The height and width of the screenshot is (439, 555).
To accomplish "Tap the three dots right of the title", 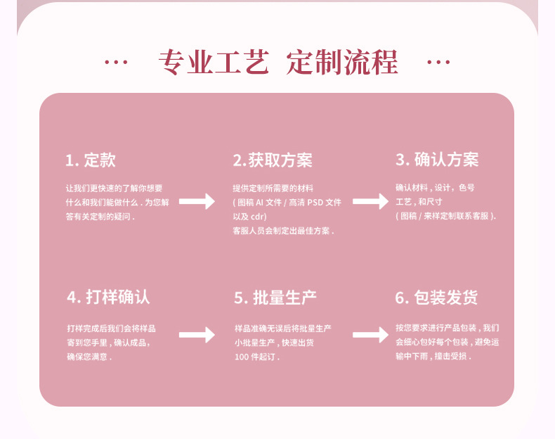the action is click(x=438, y=63).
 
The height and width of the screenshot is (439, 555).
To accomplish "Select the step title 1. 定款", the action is click(x=91, y=160).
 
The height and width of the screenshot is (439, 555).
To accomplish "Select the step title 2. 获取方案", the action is click(x=273, y=160).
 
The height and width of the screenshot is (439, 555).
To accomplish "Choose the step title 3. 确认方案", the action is click(x=436, y=160).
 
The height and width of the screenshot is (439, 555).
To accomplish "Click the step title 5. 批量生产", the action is click(x=275, y=297).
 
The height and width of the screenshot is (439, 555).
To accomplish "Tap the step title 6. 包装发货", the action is click(x=436, y=297).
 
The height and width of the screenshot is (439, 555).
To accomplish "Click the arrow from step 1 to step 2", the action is click(x=197, y=201).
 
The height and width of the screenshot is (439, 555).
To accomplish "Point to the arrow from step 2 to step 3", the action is click(x=370, y=201).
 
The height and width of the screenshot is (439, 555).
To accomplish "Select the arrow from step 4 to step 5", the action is click(x=197, y=335).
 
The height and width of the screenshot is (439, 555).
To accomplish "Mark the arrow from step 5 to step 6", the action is click(x=370, y=335).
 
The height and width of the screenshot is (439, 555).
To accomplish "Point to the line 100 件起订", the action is click(x=256, y=357).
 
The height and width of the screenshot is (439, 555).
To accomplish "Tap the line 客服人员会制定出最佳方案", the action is click(x=283, y=230).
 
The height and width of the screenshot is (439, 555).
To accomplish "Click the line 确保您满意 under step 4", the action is click(x=89, y=357).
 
